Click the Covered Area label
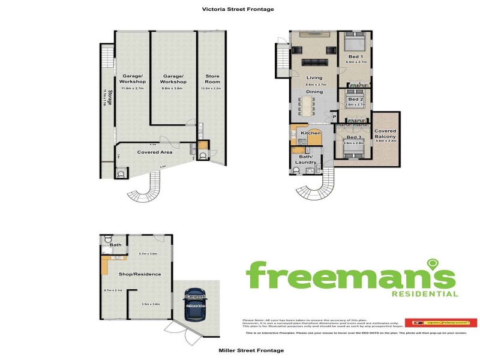155,152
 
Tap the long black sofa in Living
314,61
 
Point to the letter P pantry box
334,118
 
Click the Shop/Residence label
141,274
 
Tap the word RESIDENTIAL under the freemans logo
425,294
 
